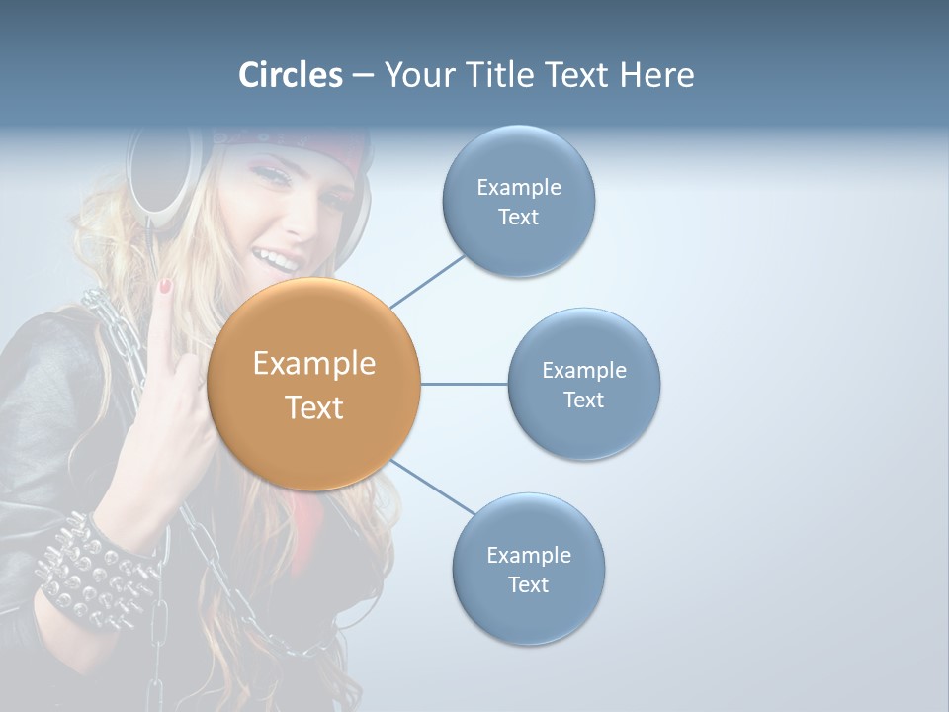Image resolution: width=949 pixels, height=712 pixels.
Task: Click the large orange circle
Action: coord(314,385)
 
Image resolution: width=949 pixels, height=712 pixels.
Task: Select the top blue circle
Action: coord(518,201)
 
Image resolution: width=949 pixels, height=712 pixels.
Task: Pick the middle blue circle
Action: coord(583,384)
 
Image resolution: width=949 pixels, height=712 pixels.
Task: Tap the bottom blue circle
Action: coord(528,569)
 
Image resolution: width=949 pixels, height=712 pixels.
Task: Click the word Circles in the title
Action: coord(291,75)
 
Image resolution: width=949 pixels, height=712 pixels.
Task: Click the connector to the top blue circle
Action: coord(427,281)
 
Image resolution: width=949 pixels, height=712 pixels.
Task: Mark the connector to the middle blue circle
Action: coord(464,384)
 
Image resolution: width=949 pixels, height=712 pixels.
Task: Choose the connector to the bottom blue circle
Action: coord(433,488)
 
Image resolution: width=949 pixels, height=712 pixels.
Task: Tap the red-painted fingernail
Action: coord(166,287)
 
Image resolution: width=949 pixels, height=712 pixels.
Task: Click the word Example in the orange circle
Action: coord(314,364)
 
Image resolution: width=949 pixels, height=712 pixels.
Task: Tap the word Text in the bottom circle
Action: coord(528,584)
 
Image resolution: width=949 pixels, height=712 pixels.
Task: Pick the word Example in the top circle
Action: coord(518,187)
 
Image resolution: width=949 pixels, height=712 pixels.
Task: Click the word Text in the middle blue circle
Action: coord(583,400)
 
